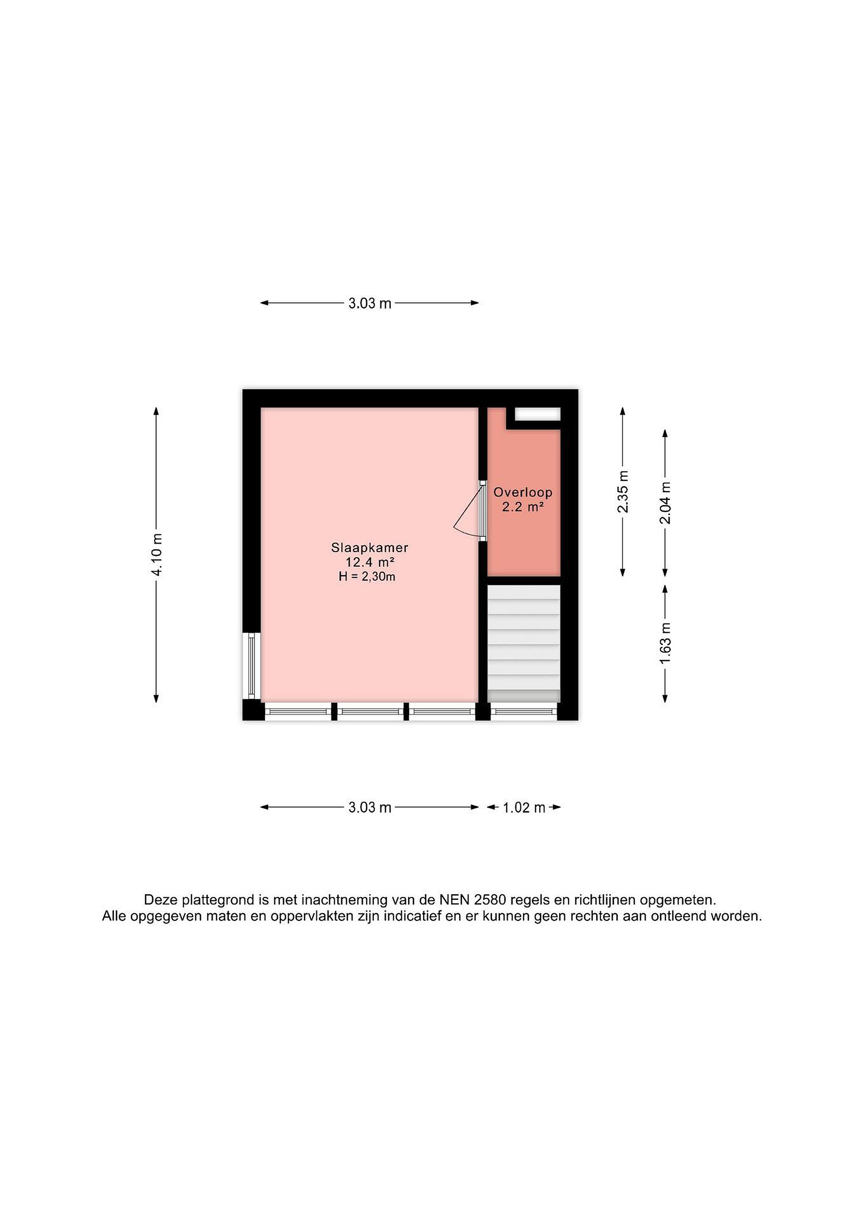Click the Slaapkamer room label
(x=369, y=547)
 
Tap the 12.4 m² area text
(x=369, y=562)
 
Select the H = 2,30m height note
(x=366, y=577)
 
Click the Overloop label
(x=523, y=493)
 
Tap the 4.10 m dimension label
(x=157, y=555)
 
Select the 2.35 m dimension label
(x=623, y=492)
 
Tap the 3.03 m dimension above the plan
(x=370, y=303)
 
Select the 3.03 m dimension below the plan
(x=370, y=807)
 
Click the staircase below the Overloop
(x=524, y=644)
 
